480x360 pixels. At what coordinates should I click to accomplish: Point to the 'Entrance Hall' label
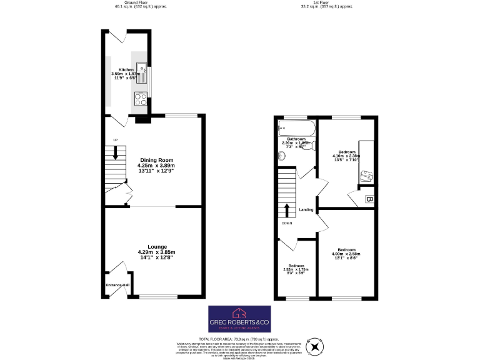coord(117,285)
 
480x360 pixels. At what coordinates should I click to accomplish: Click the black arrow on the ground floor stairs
coord(115,151)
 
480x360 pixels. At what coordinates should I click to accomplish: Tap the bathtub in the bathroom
coord(297,129)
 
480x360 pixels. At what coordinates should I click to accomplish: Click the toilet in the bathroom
coord(312,147)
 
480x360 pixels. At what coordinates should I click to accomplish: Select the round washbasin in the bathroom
coord(281,156)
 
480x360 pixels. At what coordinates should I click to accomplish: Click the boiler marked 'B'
coord(369,200)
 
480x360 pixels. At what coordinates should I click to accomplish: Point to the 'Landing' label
coord(306,210)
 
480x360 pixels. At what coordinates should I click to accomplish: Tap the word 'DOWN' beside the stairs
coord(286,223)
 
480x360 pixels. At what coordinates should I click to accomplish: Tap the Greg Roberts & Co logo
coord(239,319)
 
